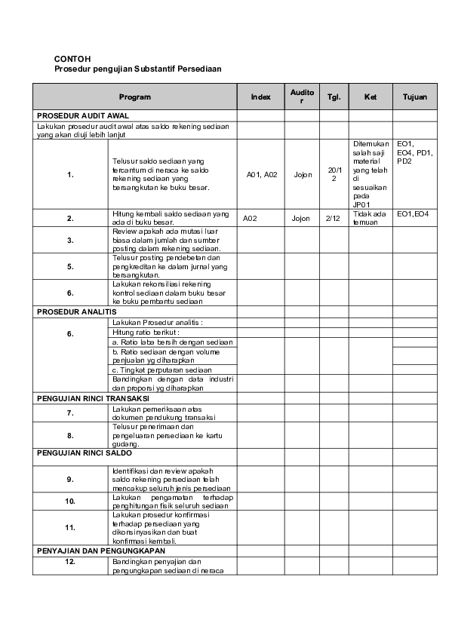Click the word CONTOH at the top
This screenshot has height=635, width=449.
72,58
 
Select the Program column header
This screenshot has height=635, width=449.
135,97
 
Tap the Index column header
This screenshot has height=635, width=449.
260,97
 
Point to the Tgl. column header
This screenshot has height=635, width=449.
334,97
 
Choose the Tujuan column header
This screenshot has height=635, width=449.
415,97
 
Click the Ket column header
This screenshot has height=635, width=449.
371,97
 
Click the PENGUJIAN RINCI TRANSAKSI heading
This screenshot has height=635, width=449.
93,397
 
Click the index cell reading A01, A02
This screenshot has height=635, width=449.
263,174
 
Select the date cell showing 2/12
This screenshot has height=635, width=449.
333,218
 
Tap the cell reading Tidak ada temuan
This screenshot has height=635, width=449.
369,218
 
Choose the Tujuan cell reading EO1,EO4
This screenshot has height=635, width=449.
413,214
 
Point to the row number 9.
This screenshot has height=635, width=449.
70,479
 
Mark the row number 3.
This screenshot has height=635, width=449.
70,240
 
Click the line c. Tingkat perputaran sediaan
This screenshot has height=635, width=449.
161,370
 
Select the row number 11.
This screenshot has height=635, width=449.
70,527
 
